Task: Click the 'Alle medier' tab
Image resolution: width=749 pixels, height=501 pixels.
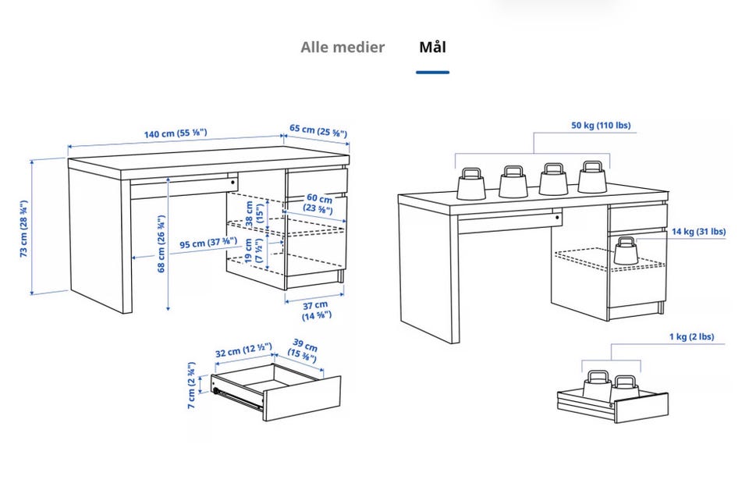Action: point(343,47)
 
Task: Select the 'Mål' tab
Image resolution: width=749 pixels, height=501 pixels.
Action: point(432,47)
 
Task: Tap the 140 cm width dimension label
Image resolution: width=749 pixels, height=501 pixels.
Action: point(176,133)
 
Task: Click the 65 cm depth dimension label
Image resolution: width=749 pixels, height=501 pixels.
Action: point(318,130)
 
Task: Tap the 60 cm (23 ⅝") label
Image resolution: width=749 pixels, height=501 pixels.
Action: point(318,204)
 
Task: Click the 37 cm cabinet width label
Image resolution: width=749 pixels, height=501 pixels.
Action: point(317,310)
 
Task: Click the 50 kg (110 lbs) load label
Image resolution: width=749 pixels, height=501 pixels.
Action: point(601,125)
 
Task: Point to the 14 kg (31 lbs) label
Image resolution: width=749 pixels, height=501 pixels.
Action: point(698,231)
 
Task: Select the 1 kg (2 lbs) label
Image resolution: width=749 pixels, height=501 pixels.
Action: point(690,337)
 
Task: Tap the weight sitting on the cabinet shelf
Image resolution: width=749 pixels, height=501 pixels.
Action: point(626,250)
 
